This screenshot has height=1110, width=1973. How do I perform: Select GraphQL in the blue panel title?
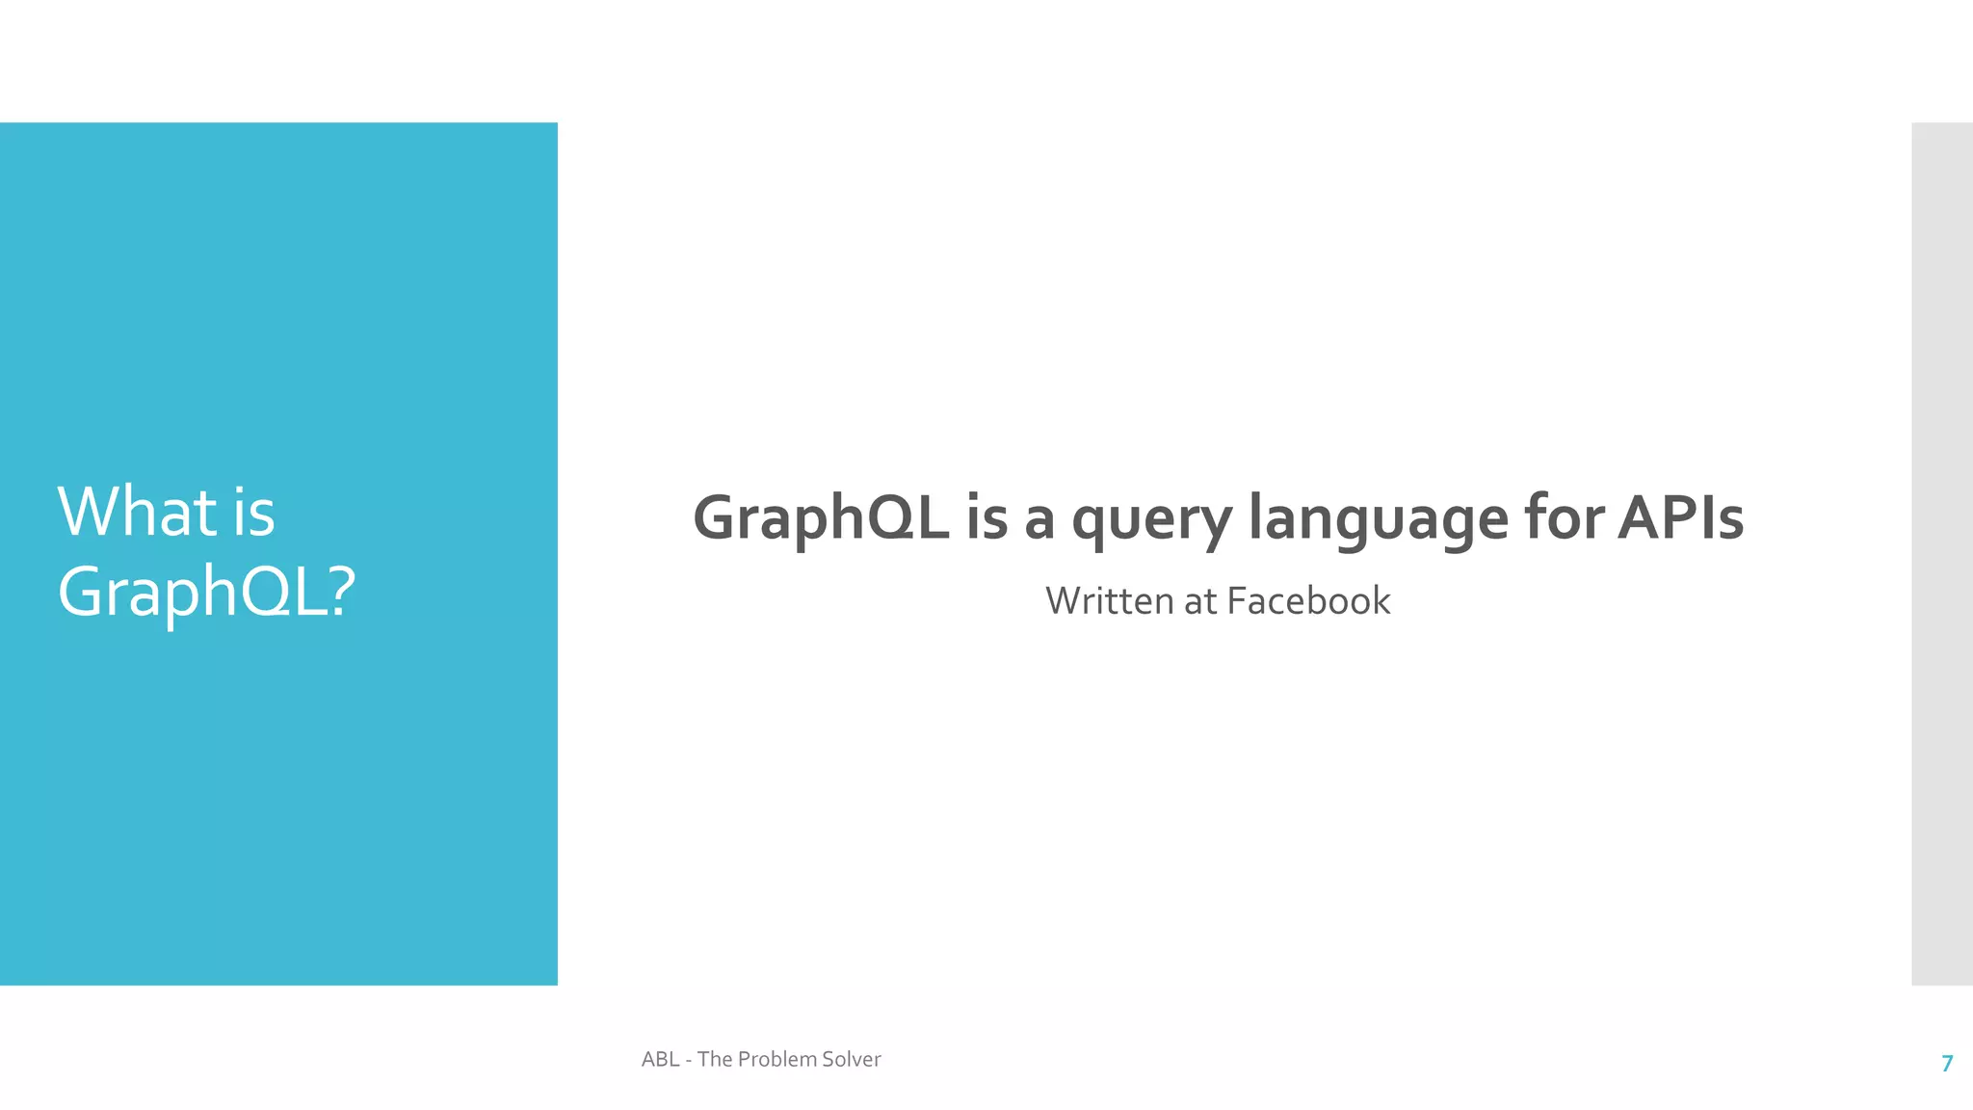coord(192,591)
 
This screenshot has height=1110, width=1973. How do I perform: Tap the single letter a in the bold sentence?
coord(1039,519)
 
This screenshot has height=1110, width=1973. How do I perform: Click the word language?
coord(1379,519)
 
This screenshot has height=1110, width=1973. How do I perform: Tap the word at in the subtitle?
coord(1200,602)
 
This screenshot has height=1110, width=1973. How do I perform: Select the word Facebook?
coord(1308,601)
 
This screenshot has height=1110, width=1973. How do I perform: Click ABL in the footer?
coord(660,1060)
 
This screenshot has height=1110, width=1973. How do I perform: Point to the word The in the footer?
coord(714,1060)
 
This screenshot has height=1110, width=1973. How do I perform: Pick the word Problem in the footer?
coord(776,1060)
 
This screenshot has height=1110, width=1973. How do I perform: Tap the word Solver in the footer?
coord(851,1060)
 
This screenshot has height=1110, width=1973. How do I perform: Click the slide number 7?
coord(1947,1064)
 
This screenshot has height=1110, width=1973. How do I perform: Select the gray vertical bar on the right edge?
coord(1942,553)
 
